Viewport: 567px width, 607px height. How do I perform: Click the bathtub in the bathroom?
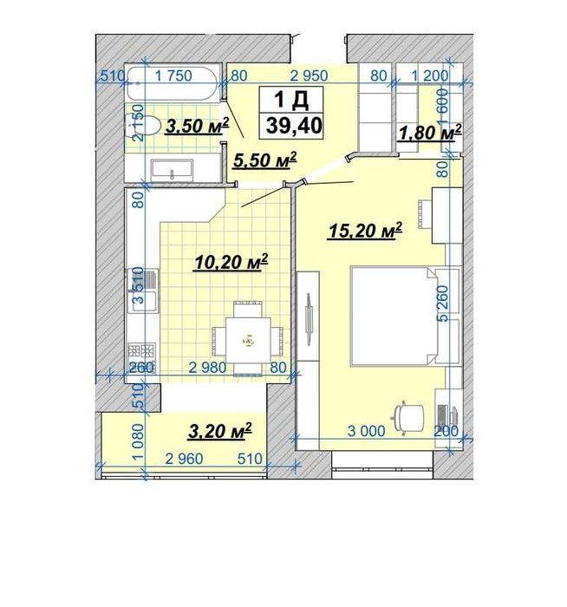click(x=173, y=83)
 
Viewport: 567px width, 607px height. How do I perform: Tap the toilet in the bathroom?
click(x=145, y=126)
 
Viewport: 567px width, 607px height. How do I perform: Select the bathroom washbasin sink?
click(x=172, y=170)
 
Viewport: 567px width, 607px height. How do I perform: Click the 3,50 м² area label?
click(x=197, y=127)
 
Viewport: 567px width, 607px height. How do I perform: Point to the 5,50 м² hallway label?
click(x=265, y=160)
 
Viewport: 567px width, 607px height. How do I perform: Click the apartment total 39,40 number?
click(x=294, y=126)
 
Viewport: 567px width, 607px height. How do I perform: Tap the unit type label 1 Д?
click(x=291, y=100)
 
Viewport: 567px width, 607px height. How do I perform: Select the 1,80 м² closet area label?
click(x=430, y=134)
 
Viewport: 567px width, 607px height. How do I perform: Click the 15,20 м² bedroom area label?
click(x=365, y=231)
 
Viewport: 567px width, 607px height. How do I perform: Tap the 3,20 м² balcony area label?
click(x=220, y=431)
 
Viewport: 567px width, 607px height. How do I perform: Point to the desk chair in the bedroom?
click(x=409, y=417)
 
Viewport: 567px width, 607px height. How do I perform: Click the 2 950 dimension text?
click(x=309, y=75)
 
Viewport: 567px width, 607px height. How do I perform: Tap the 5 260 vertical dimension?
click(x=443, y=303)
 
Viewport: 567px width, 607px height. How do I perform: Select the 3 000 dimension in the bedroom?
click(x=367, y=431)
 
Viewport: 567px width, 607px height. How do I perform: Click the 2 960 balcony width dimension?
click(x=184, y=459)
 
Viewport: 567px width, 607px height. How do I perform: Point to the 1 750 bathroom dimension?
click(x=173, y=75)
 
